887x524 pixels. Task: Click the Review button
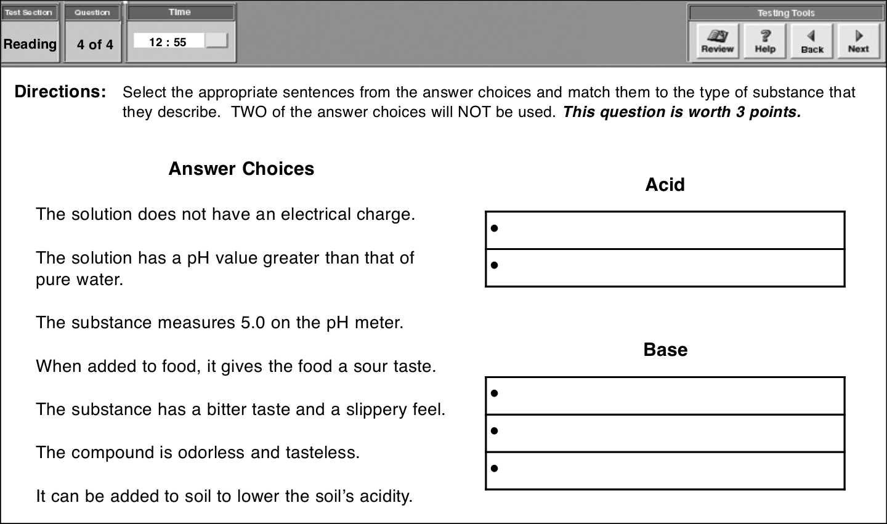pos(717,41)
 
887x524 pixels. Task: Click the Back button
pos(812,41)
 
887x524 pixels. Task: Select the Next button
pos(858,41)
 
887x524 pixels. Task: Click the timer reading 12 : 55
pos(168,42)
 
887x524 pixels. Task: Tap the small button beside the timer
pos(216,41)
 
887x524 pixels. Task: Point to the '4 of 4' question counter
pos(95,44)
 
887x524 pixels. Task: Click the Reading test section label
pos(30,44)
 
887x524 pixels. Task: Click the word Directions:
pos(60,92)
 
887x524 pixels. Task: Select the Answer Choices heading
pos(241,169)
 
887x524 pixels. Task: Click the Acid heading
pos(665,185)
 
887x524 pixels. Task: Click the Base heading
pos(665,350)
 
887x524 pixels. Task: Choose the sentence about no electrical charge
pos(225,214)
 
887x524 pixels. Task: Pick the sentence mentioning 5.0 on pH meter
pos(219,323)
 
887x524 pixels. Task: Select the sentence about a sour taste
pos(235,366)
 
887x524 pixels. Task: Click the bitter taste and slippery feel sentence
pos(240,409)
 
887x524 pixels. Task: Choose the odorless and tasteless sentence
pos(198,453)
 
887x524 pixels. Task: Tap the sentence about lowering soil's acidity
pos(224,496)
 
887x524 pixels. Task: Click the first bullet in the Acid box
pos(494,228)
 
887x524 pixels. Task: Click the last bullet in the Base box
pos(494,469)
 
